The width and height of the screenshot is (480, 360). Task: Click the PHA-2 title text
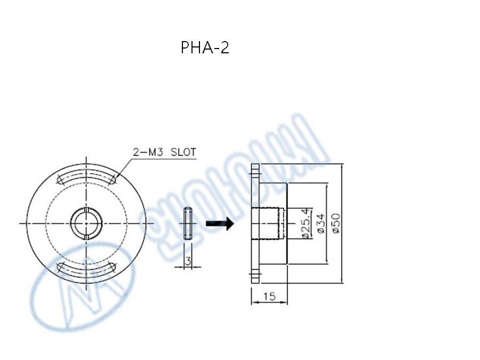(205, 48)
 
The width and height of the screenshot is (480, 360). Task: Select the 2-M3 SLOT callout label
(164, 152)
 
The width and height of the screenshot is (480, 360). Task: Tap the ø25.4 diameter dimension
(306, 223)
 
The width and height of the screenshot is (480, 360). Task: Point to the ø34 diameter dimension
(321, 223)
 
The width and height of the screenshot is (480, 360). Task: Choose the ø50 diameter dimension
(336, 223)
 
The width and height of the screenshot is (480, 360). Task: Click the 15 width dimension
(269, 297)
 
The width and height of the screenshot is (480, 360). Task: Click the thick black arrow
(220, 223)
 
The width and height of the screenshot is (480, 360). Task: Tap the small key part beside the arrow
(188, 223)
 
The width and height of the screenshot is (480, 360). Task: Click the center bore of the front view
(86, 222)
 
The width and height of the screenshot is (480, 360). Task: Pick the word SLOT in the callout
(183, 152)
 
